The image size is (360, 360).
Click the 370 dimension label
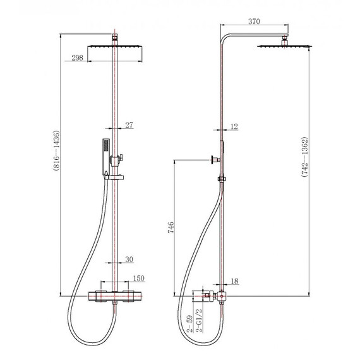tap(254, 21)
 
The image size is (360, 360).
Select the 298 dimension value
tap(78, 57)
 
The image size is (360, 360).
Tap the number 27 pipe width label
tap(129, 125)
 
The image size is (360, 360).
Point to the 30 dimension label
tap(129, 259)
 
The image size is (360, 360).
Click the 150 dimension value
tap(139, 279)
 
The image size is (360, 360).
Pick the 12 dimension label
tap(234, 126)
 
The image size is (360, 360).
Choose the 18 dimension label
tap(235, 281)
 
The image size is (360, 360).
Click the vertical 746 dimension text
tap(171, 227)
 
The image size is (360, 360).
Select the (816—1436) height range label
tap(56, 150)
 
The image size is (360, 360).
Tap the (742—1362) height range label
tap(304, 157)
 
